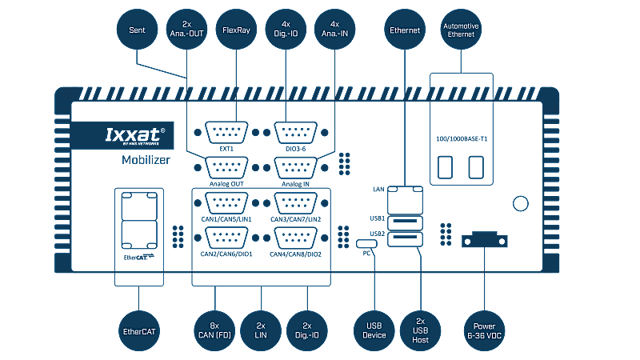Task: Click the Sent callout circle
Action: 137,31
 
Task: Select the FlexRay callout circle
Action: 236,31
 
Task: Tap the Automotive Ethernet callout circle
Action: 462,31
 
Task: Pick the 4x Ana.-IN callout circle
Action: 334,31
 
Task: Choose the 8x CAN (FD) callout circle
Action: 214,331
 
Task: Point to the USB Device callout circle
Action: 374,331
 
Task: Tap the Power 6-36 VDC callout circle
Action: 485,331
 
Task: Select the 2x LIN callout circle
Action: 261,331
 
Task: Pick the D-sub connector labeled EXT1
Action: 226,133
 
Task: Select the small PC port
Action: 367,242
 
